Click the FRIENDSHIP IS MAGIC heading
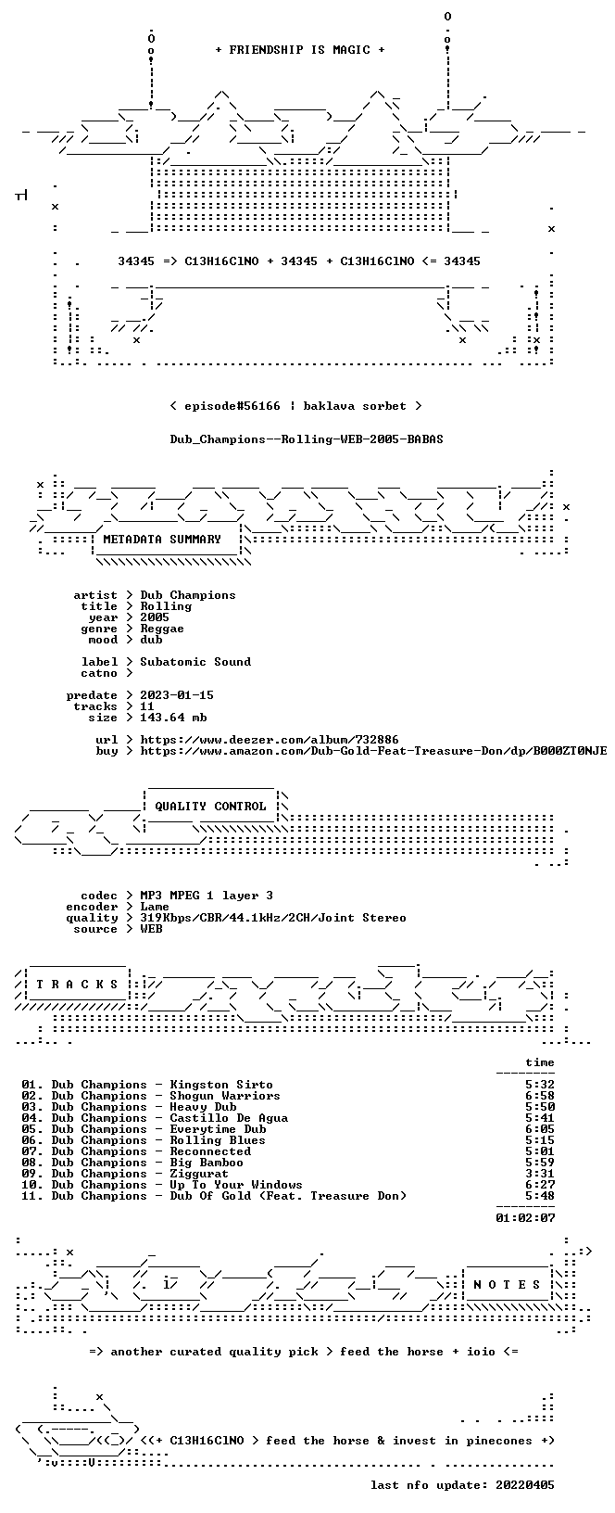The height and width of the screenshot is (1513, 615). click(300, 50)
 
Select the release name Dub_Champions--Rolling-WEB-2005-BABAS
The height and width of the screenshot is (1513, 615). click(307, 439)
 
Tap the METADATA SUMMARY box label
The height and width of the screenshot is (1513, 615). click(162, 540)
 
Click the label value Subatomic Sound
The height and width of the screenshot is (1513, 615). click(195, 662)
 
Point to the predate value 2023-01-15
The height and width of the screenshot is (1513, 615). click(177, 695)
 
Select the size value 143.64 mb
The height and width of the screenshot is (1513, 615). click(173, 718)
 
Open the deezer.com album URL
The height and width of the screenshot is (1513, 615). click(270, 740)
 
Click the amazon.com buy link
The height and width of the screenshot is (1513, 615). click(373, 751)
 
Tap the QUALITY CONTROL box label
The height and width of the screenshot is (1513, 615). click(210, 807)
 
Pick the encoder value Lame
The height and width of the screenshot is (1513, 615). click(155, 907)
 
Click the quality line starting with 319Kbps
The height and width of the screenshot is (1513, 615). click(273, 918)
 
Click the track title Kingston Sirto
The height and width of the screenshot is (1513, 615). click(221, 1085)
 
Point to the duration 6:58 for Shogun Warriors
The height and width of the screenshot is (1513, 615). click(540, 1096)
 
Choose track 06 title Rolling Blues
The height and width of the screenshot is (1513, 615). click(218, 1140)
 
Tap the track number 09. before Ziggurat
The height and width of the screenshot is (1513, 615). click(32, 1174)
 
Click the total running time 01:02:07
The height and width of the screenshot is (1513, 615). click(525, 1218)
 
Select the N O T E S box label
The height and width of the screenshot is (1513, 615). click(507, 1285)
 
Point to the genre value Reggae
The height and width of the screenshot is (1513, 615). click(162, 629)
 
